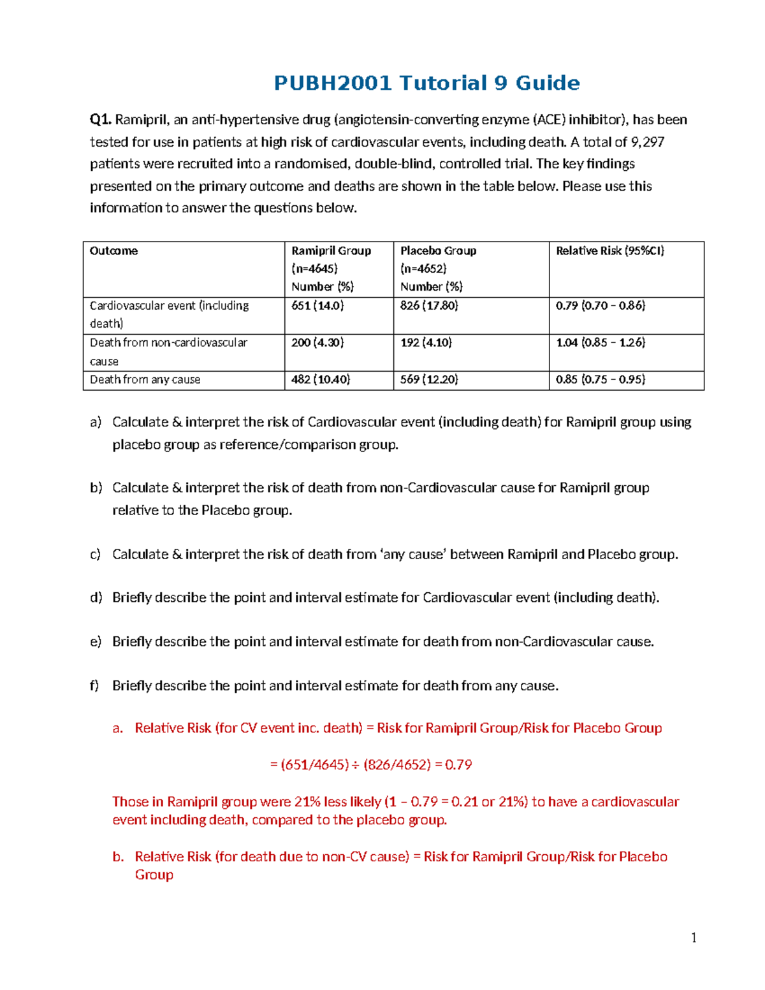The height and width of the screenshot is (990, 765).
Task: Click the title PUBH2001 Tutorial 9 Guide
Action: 426,83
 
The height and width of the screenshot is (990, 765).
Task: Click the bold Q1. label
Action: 101,120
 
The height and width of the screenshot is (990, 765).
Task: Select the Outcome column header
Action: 113,251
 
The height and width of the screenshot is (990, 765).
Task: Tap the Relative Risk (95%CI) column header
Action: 609,251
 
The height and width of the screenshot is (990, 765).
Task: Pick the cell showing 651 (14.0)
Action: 317,306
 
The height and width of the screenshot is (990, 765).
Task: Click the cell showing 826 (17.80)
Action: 429,306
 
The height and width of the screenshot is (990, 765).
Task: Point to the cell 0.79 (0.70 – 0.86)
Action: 600,306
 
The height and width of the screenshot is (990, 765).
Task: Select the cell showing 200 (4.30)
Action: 317,343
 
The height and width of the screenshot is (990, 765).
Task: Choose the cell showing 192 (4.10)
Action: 426,343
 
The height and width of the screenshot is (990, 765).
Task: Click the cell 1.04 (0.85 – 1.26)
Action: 600,343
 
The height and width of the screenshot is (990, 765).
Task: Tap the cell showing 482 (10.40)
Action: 321,380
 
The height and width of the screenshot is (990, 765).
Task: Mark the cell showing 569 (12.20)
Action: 429,380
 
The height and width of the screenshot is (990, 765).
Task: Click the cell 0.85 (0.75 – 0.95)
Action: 600,380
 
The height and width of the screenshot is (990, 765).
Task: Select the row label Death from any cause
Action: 145,380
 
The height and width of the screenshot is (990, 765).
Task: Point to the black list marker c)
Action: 96,555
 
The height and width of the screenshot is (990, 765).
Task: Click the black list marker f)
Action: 94,686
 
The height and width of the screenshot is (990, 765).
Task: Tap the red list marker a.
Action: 117,729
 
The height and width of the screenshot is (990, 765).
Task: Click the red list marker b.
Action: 118,857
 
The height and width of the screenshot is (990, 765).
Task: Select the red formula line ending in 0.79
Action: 370,765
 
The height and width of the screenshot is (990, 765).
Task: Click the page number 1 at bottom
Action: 694,938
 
